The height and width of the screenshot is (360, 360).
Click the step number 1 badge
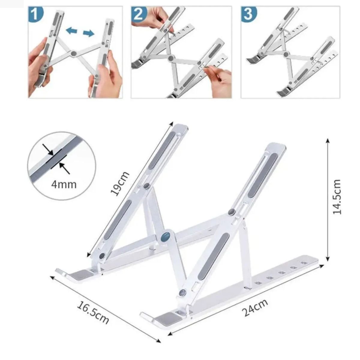click(35, 14)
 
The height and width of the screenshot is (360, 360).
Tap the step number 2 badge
click(138, 14)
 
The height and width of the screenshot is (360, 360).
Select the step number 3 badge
click(248, 14)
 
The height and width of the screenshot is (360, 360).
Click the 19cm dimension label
click(120, 184)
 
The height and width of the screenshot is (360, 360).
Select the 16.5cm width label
click(93, 313)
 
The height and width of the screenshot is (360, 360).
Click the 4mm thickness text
click(64, 184)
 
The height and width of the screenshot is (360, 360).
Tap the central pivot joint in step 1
click(73, 54)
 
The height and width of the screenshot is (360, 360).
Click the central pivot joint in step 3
click(286, 54)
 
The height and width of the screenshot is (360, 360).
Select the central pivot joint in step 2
click(171, 58)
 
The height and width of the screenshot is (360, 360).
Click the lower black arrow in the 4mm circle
click(64, 168)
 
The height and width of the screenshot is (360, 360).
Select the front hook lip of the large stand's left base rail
click(61, 271)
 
